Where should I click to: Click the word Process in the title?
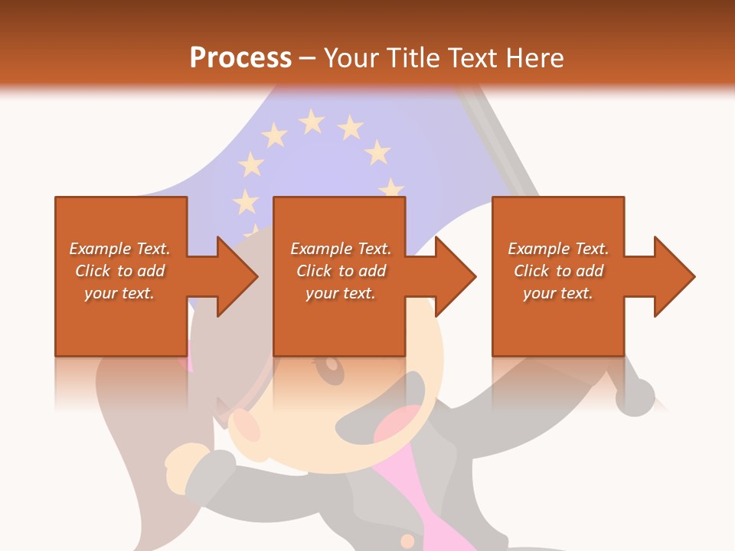point(240,58)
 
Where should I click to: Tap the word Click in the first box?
point(93,271)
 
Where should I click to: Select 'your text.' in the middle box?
point(340,293)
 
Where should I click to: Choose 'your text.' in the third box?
point(557,293)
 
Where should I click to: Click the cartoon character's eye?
point(332,371)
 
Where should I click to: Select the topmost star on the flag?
point(312,120)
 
